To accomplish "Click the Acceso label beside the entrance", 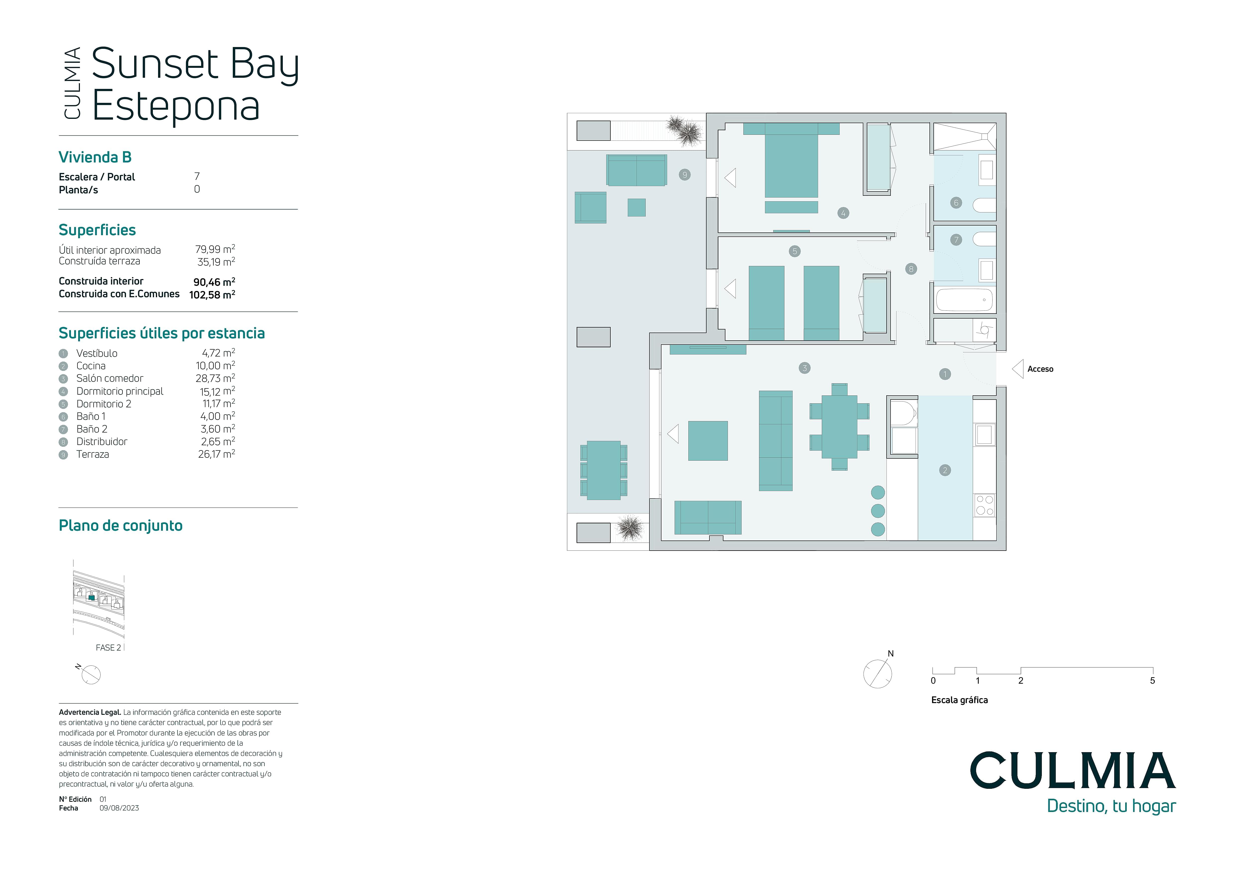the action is point(1040,369).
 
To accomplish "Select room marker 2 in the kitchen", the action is point(945,470).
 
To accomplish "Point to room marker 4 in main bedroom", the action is point(843,213).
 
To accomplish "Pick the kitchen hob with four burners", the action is point(984,506).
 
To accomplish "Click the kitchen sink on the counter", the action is point(984,435).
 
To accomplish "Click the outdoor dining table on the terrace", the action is point(603,470).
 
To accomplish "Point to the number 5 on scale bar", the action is point(1152,681).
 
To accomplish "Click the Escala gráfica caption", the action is point(960,700).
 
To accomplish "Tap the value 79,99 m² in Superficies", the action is point(215,249).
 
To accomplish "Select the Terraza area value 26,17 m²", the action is point(216,454).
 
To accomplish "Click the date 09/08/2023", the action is point(119,808).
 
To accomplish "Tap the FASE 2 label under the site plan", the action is point(108,648).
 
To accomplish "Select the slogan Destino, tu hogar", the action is point(1111,806).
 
